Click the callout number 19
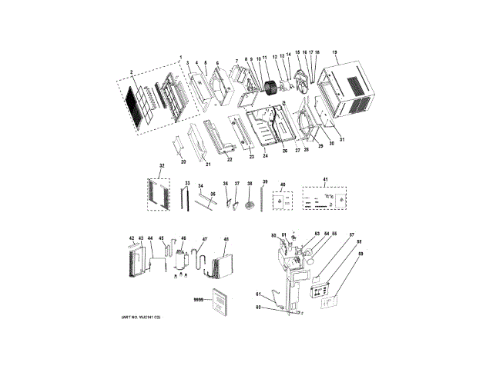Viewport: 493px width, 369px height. coord(335,52)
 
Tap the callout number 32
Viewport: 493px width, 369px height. coord(161,165)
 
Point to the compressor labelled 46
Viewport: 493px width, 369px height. coord(183,259)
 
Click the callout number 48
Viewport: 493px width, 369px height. coord(226,238)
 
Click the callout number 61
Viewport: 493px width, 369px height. coord(259,292)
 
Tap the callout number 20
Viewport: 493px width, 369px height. coord(183,162)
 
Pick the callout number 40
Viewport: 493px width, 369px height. coord(283,185)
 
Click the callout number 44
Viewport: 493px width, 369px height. coord(150,239)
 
